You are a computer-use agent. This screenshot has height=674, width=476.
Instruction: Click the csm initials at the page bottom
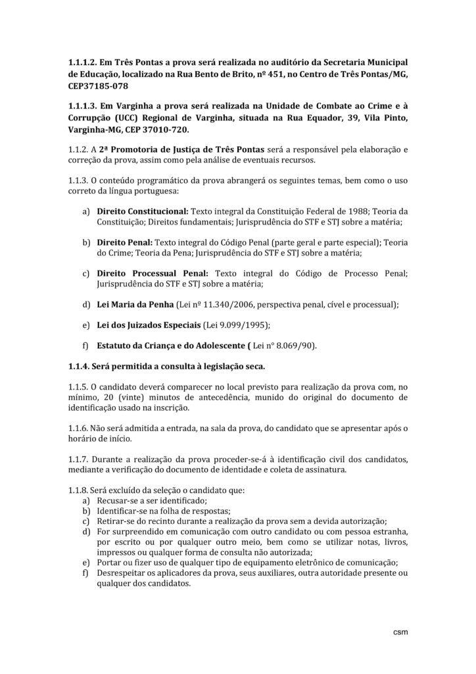tap(400, 632)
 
